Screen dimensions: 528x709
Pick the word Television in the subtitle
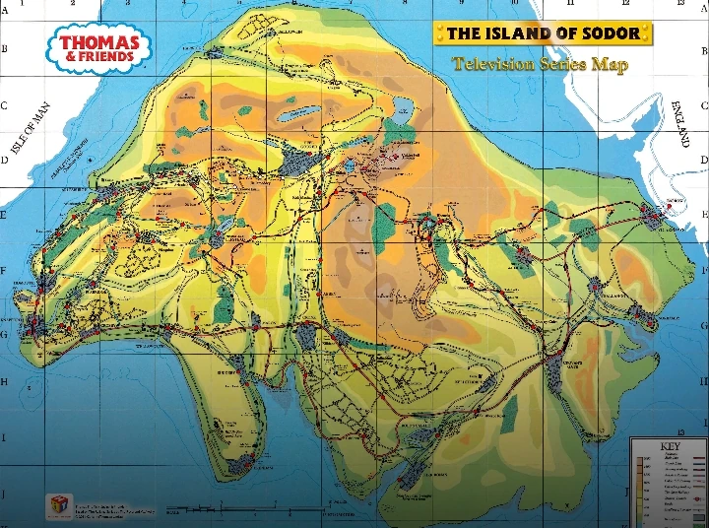(x=494, y=64)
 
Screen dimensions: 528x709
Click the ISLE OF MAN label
(x=30, y=128)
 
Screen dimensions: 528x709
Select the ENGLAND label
(x=680, y=123)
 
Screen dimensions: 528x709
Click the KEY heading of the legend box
(x=669, y=446)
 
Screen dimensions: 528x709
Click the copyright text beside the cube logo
(x=113, y=506)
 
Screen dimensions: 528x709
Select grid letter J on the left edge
(x=4, y=493)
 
